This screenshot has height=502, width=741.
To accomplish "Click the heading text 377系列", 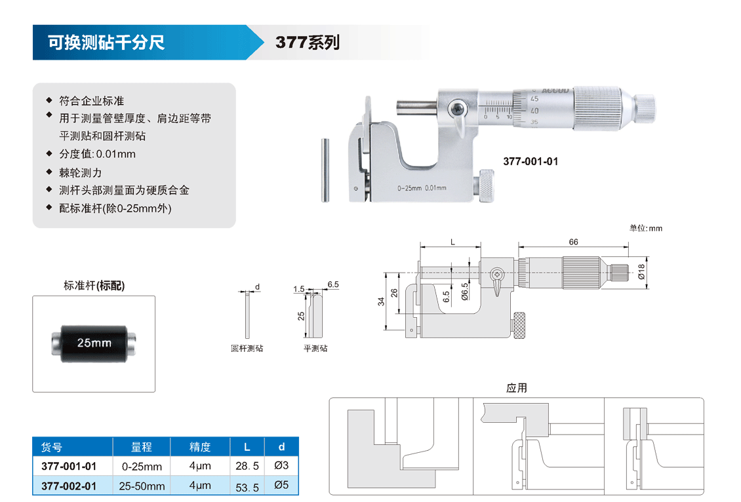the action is (x=308, y=43).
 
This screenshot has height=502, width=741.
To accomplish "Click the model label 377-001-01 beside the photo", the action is (x=531, y=161).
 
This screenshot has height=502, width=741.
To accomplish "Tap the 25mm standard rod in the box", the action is (x=94, y=343).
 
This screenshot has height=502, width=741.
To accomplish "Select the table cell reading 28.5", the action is (x=247, y=466).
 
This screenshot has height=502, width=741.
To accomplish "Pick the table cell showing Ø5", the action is (x=282, y=485).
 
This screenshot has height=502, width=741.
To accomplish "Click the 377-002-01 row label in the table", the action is (x=69, y=486).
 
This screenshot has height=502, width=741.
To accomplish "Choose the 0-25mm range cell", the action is (x=142, y=467).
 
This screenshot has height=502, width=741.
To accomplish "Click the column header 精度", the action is (x=200, y=447).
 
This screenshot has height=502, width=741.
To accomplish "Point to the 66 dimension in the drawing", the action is (x=573, y=242).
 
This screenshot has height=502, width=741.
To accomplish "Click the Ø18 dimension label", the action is (x=641, y=271).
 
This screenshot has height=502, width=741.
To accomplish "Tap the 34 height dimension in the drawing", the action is (x=381, y=301).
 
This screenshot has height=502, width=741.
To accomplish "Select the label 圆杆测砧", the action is (x=247, y=349).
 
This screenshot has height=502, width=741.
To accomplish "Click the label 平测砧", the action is (x=315, y=349).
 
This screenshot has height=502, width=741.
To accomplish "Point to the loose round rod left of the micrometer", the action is (x=325, y=170).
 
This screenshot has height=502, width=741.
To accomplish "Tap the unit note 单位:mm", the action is (x=645, y=228).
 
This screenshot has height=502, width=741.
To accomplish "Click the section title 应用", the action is (x=517, y=388).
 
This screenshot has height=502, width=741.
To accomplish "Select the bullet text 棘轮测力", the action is (x=81, y=172).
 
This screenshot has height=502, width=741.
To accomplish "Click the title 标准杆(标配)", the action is (x=94, y=285).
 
